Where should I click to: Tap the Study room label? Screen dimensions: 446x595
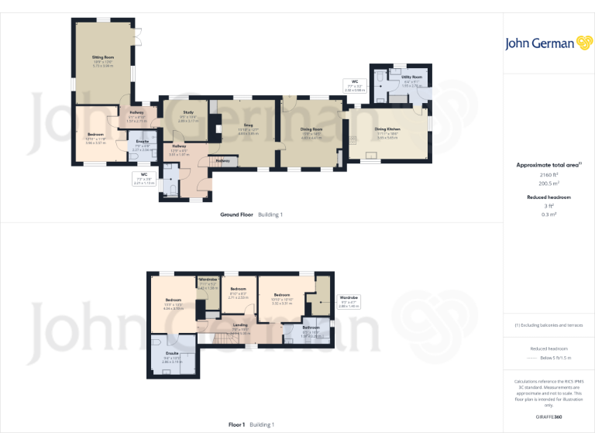(188, 113)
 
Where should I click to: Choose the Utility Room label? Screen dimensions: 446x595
(412, 77)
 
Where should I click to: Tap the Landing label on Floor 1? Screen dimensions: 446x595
(240, 324)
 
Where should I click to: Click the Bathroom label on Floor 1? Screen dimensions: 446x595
(311, 327)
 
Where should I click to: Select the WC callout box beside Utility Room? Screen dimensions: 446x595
(355, 85)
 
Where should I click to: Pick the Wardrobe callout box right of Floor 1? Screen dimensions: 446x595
(349, 302)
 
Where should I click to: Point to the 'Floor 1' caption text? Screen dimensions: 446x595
(236, 424)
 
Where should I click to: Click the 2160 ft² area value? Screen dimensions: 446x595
(549, 175)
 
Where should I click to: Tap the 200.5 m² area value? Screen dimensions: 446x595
(549, 184)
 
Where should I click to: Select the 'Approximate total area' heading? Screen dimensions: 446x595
(548, 165)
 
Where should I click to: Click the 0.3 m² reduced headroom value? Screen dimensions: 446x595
(549, 214)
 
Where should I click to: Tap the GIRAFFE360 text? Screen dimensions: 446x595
(549, 417)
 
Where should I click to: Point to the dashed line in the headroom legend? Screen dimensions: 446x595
(531, 359)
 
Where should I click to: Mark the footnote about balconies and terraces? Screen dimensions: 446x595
(549, 324)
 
